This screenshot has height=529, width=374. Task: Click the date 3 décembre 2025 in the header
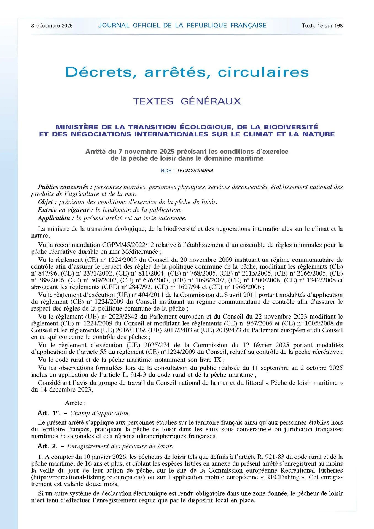point(52,26)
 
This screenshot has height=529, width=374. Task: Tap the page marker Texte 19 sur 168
point(322,26)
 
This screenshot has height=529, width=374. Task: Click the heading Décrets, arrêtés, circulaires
point(187,72)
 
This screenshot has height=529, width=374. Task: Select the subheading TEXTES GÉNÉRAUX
point(187,101)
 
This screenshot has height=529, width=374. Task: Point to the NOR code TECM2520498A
point(195,171)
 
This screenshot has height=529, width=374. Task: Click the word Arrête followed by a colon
point(75,403)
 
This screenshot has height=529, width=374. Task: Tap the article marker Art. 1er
point(49,413)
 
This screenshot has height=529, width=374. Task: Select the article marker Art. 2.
point(47,446)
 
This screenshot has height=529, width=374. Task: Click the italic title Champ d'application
point(100,413)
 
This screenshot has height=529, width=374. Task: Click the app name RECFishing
point(282,477)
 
